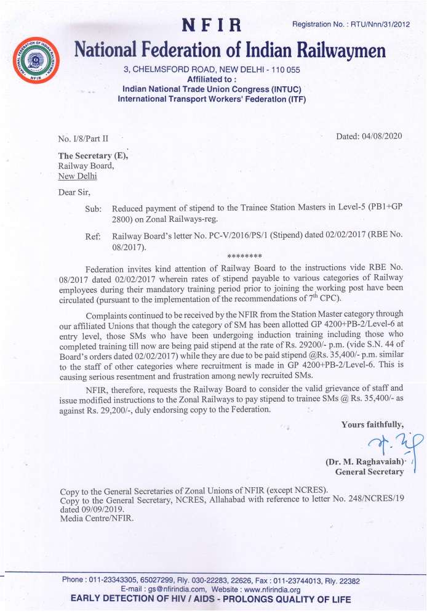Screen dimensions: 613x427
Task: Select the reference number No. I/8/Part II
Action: click(x=83, y=139)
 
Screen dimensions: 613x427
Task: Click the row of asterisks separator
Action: click(x=244, y=256)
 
